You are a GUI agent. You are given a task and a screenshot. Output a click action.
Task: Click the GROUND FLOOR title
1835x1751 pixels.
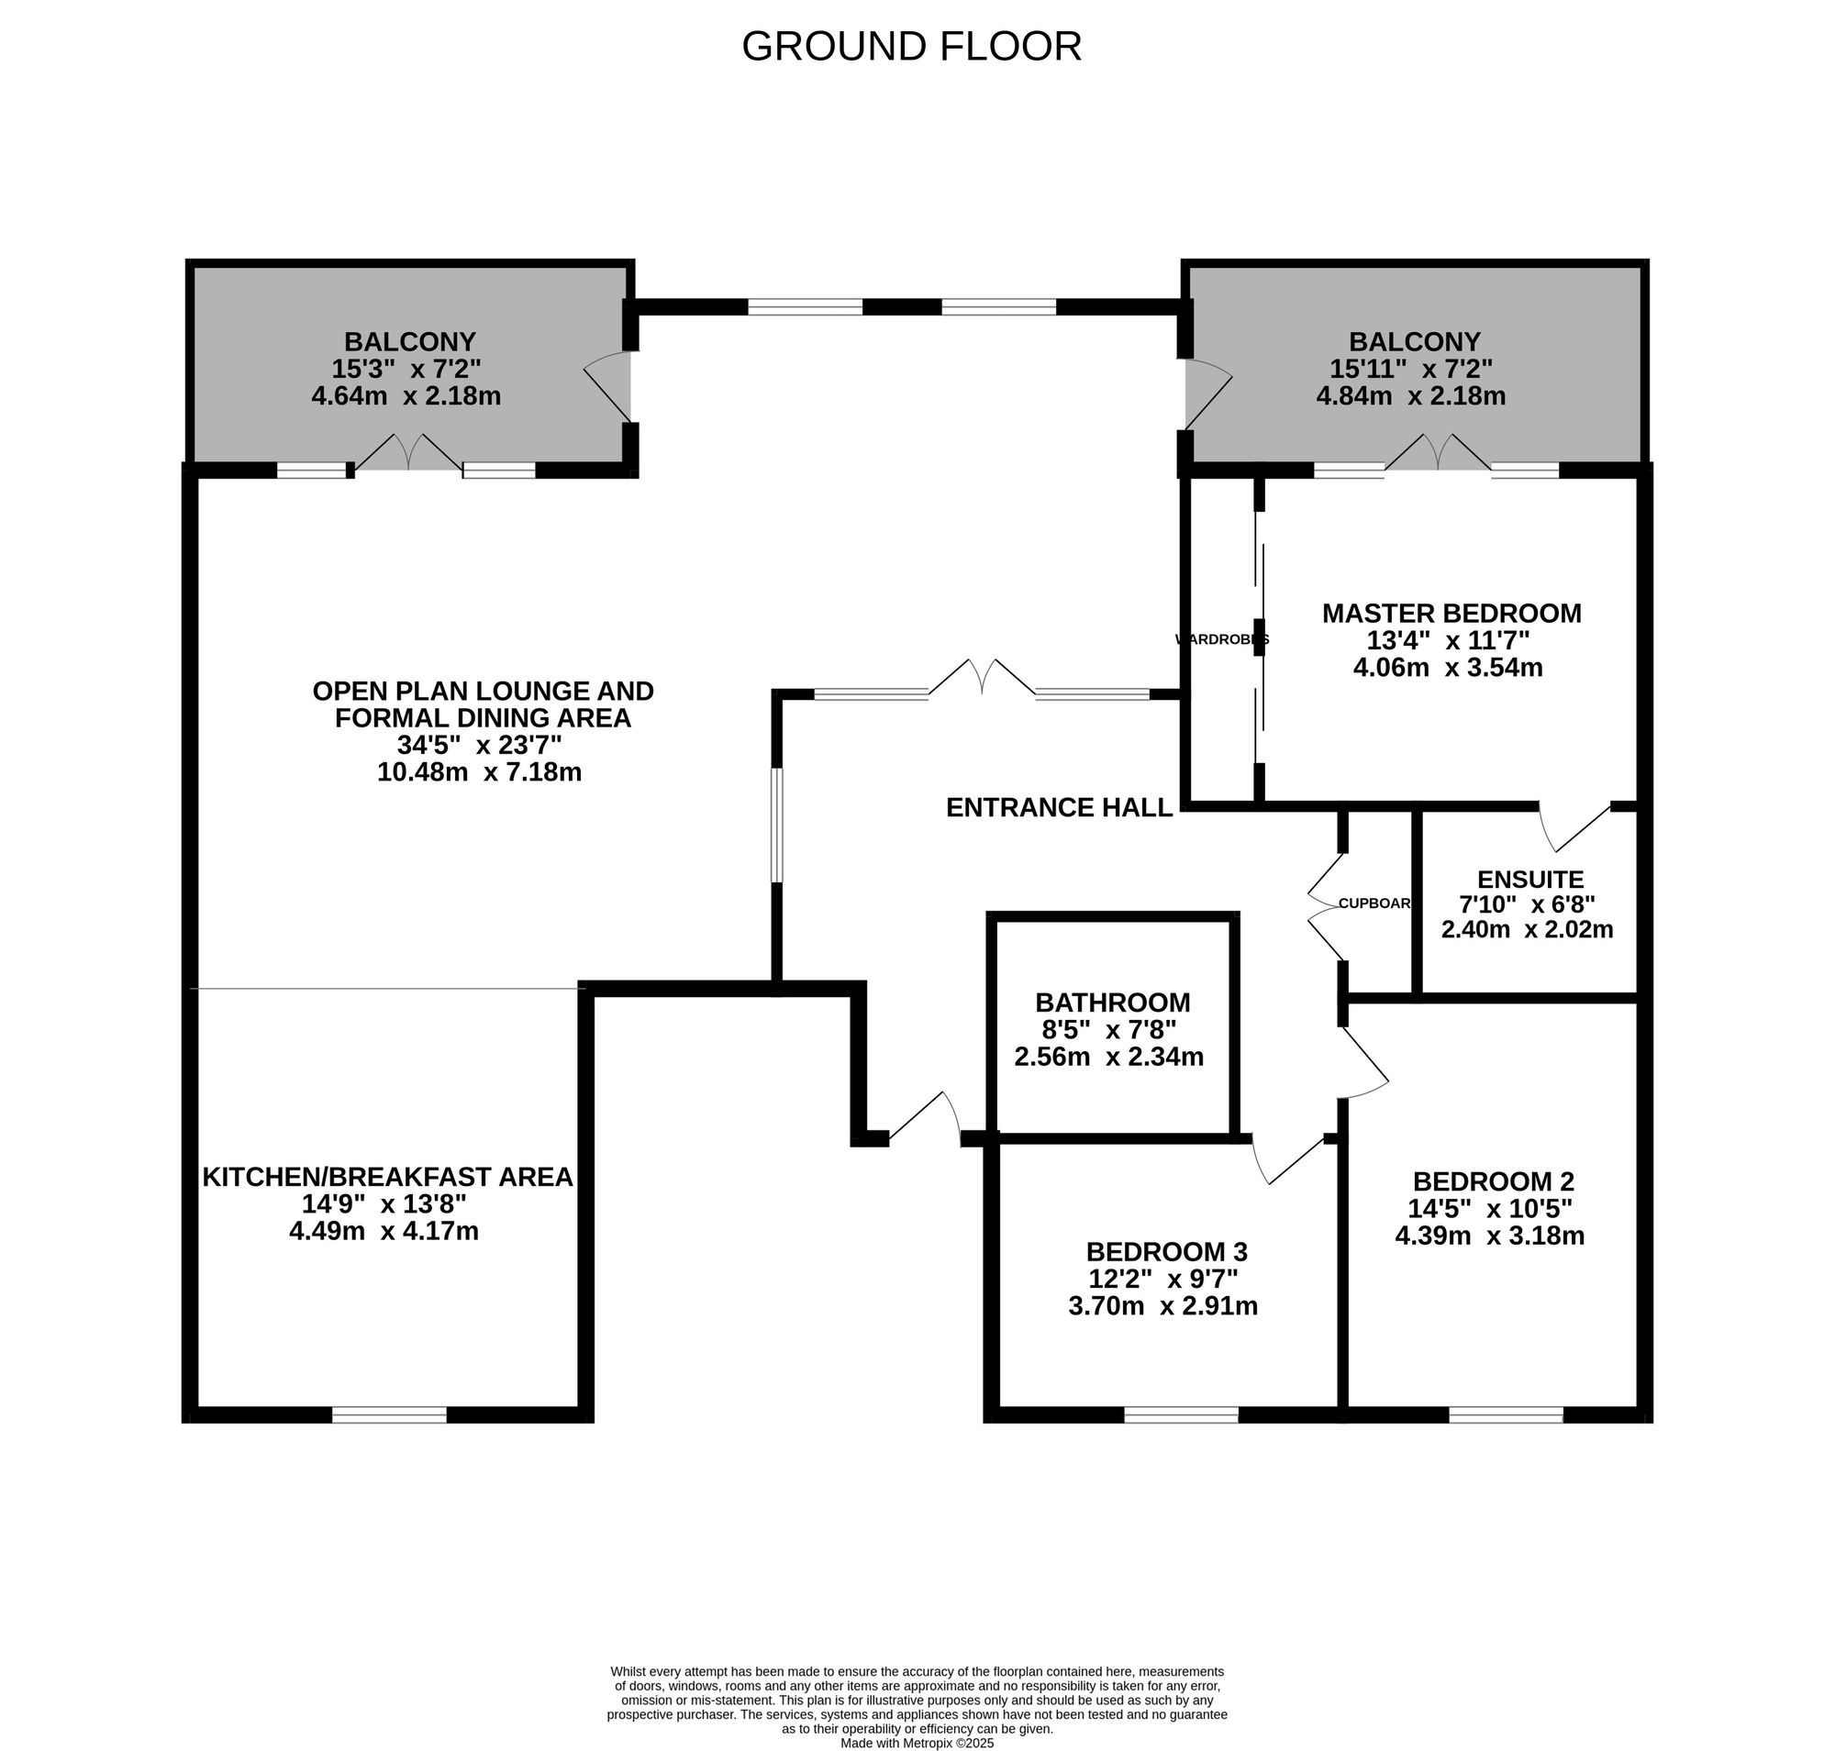pos(911,47)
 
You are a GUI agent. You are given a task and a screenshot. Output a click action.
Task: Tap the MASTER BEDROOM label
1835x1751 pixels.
pos(1451,614)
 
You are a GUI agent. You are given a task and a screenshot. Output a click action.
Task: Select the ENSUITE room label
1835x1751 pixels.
pos(1530,880)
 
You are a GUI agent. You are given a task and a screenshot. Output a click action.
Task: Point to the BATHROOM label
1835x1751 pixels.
pos(1112,1003)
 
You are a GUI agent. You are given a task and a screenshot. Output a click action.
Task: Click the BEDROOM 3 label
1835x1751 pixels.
pos(1166,1251)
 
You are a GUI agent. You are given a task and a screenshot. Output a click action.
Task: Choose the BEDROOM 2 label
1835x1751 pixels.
pos(1493,1180)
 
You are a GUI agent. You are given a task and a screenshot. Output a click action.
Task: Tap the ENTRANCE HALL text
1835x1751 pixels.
pos(1059,807)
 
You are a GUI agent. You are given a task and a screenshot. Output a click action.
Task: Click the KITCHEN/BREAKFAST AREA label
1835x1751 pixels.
pos(387,1177)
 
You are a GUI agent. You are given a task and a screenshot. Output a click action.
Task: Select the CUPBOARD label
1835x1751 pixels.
pos(1374,903)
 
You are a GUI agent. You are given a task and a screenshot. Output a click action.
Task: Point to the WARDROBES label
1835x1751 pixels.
pos(1221,639)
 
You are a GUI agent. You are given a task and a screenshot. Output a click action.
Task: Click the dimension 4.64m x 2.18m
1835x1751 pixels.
pos(406,395)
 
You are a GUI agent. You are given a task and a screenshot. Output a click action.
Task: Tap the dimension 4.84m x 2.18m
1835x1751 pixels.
pos(1410,395)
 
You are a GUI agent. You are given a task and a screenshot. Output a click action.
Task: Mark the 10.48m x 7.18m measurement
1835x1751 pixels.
pos(479,772)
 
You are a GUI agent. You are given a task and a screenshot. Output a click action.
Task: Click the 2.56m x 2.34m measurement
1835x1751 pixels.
pos(1108,1057)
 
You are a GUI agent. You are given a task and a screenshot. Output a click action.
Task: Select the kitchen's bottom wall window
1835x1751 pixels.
pos(389,1415)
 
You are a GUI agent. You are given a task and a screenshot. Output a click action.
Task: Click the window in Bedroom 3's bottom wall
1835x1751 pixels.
pos(1181,1415)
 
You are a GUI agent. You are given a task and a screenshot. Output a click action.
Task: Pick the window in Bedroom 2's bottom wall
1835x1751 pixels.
pos(1506,1415)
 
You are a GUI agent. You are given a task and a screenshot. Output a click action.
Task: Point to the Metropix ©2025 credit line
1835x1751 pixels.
pos(917,1743)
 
